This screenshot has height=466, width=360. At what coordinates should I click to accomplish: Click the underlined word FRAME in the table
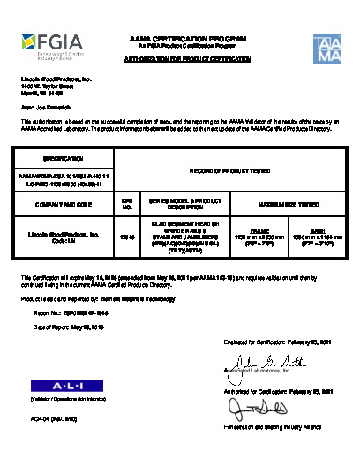tap(248, 228)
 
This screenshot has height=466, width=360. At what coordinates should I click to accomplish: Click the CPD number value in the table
tap(126, 236)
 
